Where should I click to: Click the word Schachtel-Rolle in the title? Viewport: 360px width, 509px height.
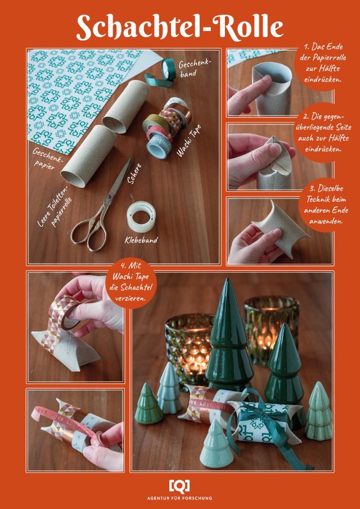click(x=180, y=27)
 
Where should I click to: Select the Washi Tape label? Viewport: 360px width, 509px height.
click(x=188, y=141)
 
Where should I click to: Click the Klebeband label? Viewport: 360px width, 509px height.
click(x=141, y=240)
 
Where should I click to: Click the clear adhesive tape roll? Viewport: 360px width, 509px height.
click(x=141, y=217)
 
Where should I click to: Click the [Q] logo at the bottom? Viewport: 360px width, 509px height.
click(x=179, y=486)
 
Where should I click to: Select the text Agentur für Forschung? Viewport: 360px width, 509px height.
click(x=179, y=498)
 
